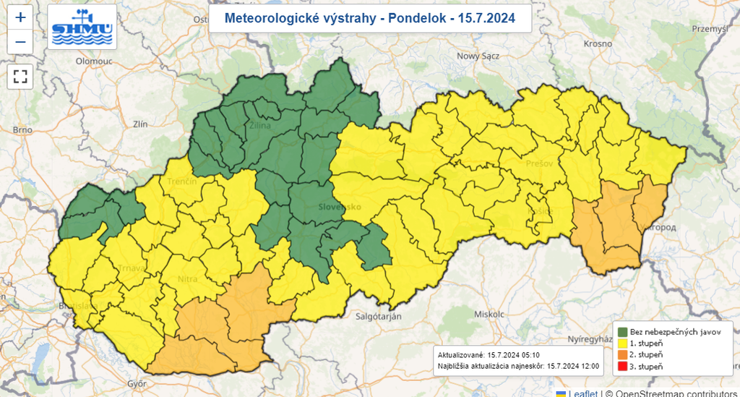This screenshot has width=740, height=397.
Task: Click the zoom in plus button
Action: click(x=20, y=17)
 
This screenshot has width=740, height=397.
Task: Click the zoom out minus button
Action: click(x=20, y=42)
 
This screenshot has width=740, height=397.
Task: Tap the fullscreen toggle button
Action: click(x=20, y=76)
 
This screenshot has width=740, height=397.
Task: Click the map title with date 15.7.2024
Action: click(x=370, y=19)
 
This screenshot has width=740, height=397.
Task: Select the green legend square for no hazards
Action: click(x=622, y=331)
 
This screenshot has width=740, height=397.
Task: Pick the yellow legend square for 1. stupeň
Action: click(x=622, y=343)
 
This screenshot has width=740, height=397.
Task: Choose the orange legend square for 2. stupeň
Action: click(x=622, y=354)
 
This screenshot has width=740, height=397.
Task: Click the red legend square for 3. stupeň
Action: click(x=622, y=367)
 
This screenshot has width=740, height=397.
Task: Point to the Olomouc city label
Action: click(x=92, y=63)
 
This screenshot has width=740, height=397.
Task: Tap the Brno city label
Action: click(x=22, y=130)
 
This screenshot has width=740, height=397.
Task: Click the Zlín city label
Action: click(x=139, y=124)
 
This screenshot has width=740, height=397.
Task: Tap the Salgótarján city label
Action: click(x=378, y=317)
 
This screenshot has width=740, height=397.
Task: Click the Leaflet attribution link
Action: click(x=582, y=393)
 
